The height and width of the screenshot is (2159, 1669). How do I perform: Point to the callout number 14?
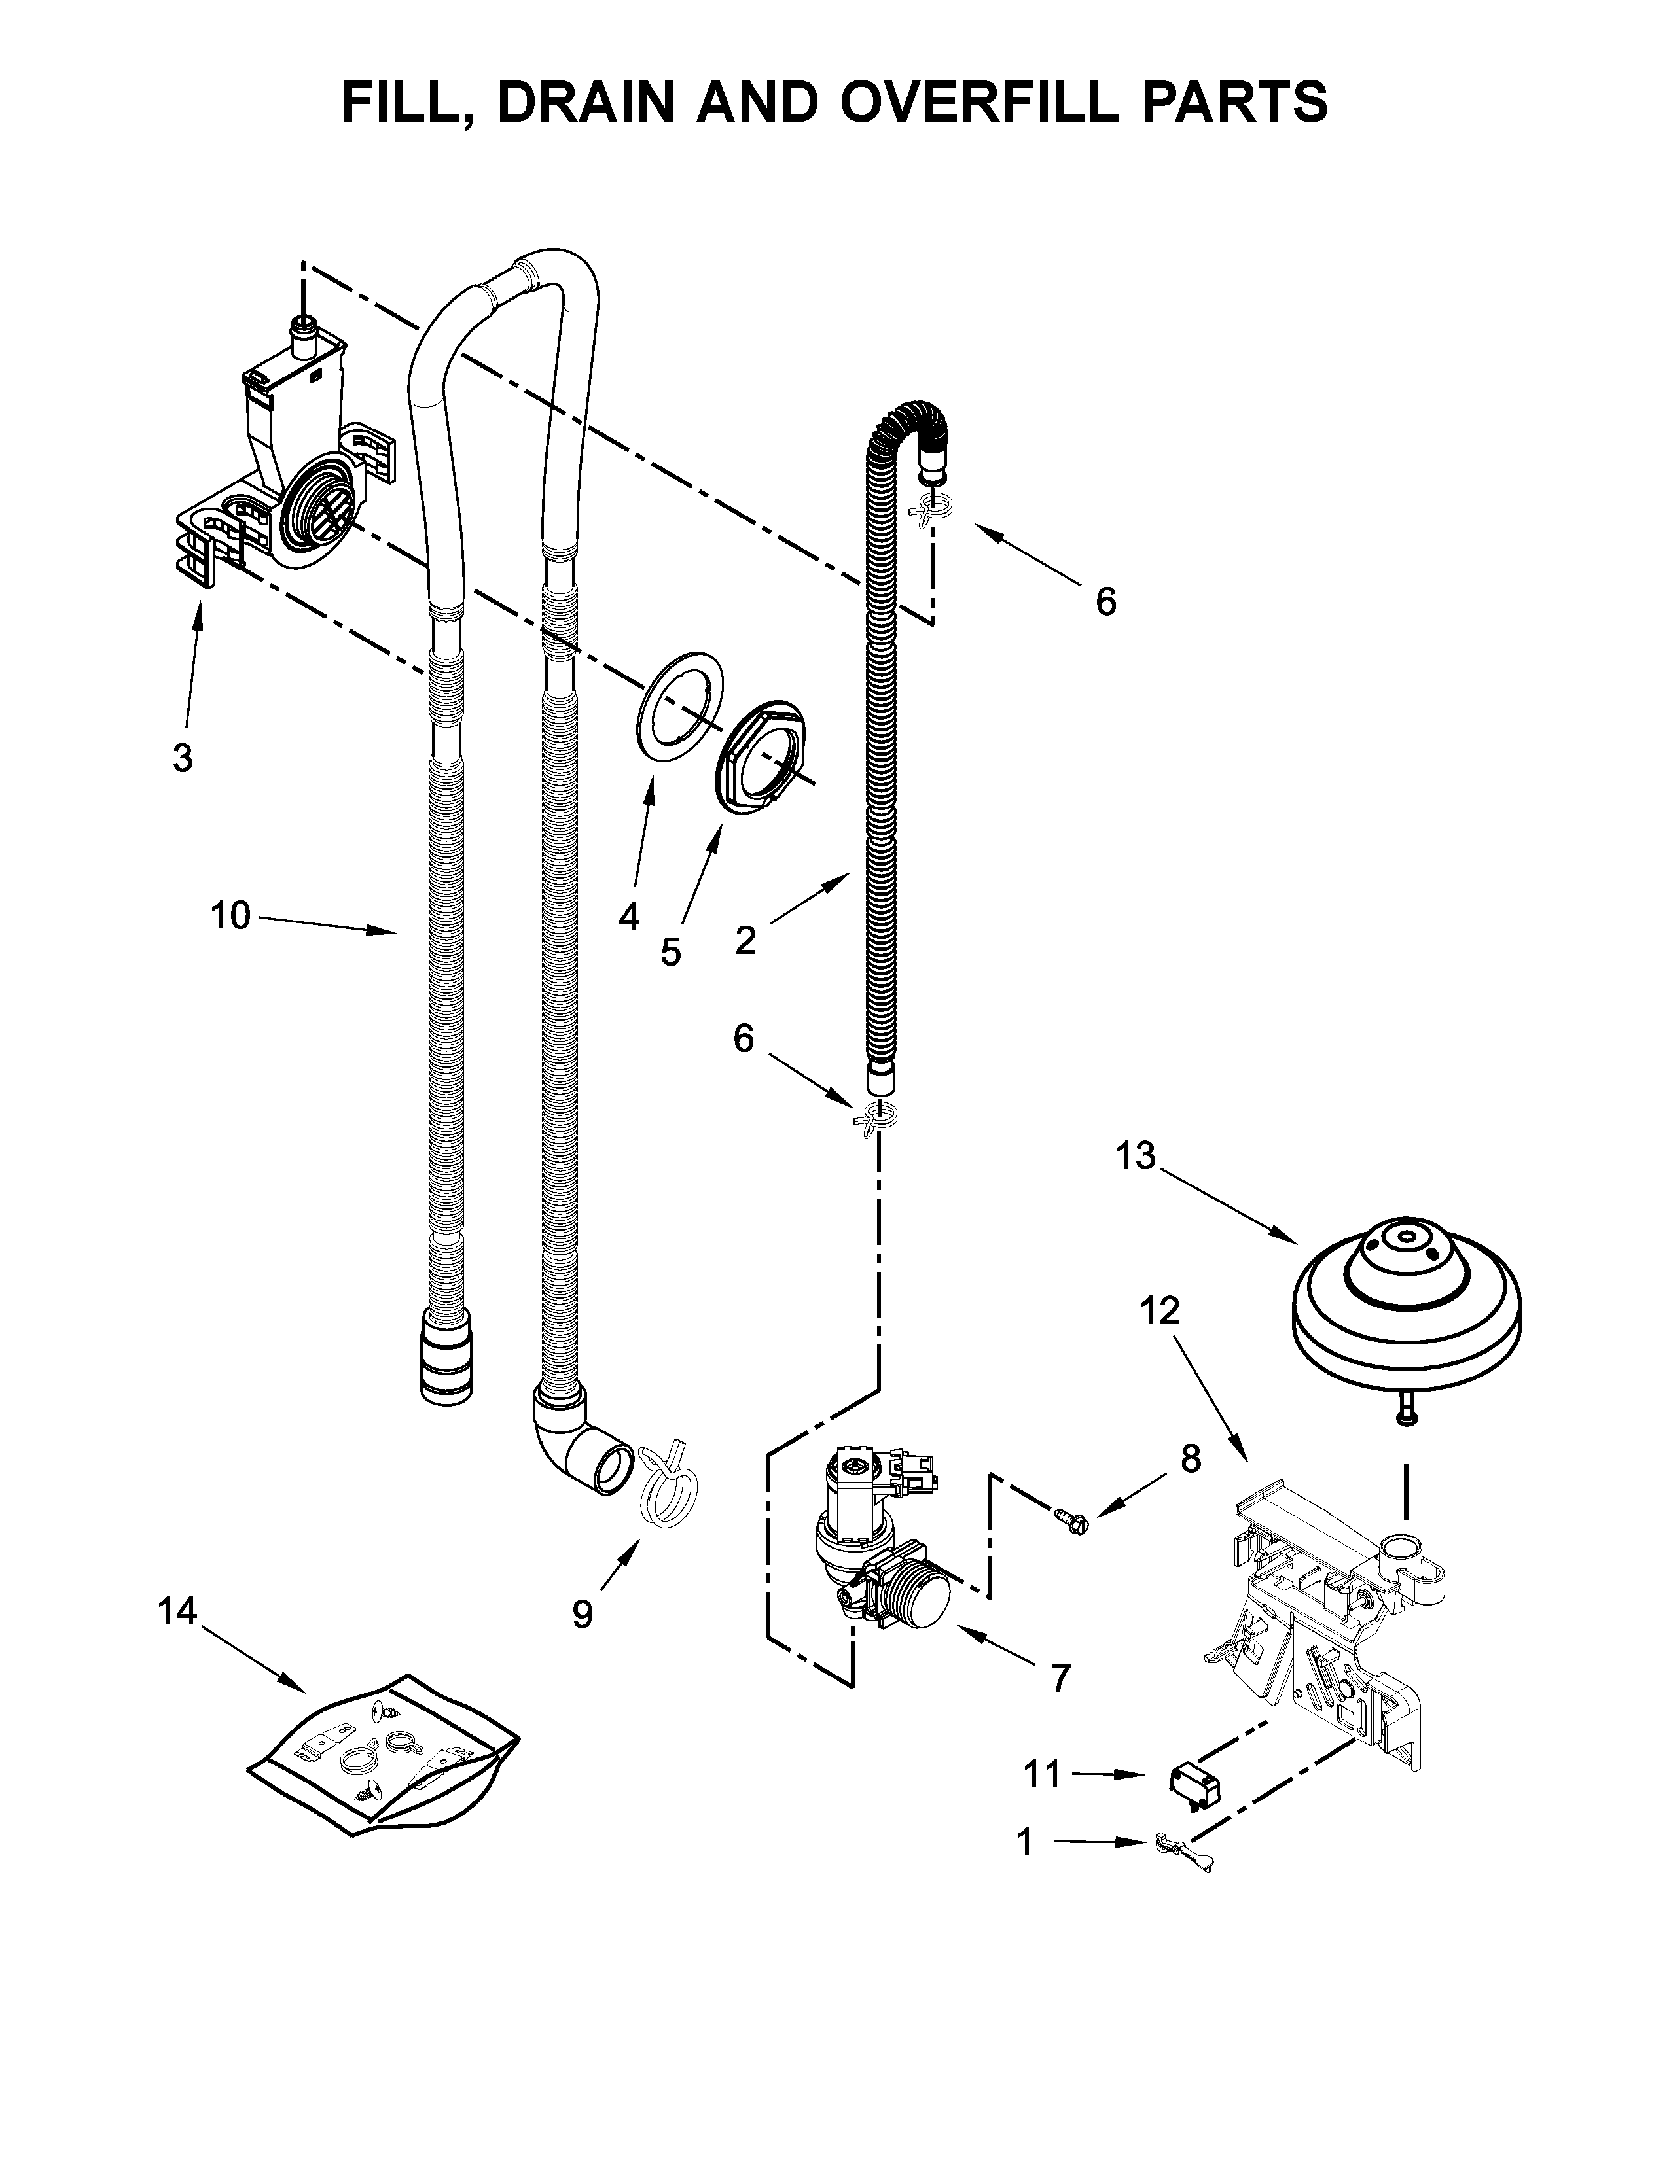pyautogui.click(x=178, y=1612)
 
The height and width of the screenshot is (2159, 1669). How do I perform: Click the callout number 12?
pyautogui.click(x=1160, y=1311)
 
